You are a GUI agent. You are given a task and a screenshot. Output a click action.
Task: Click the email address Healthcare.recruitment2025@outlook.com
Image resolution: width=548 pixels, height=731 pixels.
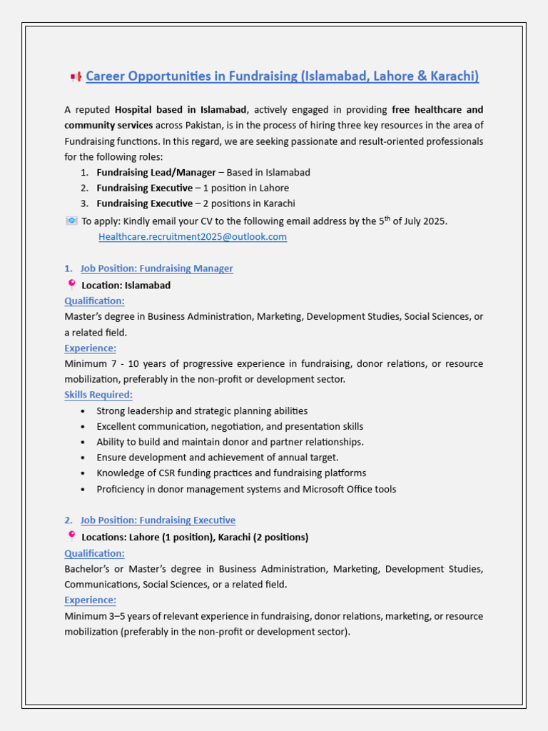pyautogui.click(x=193, y=237)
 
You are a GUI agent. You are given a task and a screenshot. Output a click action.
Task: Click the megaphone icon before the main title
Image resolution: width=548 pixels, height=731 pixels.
pyautogui.click(x=76, y=77)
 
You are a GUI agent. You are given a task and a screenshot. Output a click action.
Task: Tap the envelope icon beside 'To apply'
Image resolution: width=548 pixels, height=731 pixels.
pyautogui.click(x=71, y=221)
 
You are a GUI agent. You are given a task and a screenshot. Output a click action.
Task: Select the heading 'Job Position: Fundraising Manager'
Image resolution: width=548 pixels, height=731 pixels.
pyautogui.click(x=156, y=268)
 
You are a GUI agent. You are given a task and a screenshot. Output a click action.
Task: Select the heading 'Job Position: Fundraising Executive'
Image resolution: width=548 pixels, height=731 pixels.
pyautogui.click(x=158, y=520)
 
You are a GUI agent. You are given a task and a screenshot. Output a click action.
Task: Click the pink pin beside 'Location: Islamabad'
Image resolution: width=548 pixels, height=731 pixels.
pyautogui.click(x=71, y=284)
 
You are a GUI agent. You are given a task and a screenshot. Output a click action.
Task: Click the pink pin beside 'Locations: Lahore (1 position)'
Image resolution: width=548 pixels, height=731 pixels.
pyautogui.click(x=71, y=535)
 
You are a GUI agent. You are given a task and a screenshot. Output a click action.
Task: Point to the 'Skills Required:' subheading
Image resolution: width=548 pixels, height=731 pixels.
pyautogui.click(x=98, y=395)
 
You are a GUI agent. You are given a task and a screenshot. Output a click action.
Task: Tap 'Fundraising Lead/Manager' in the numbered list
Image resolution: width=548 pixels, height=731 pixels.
pyautogui.click(x=156, y=173)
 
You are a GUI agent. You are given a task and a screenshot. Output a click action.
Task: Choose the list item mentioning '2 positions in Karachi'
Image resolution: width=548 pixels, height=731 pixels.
pyautogui.click(x=196, y=204)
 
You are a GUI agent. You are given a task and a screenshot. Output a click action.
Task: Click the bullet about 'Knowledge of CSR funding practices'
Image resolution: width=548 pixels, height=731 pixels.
pyautogui.click(x=231, y=473)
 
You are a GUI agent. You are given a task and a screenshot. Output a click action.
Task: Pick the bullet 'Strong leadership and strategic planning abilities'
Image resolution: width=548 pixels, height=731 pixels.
pyautogui.click(x=202, y=411)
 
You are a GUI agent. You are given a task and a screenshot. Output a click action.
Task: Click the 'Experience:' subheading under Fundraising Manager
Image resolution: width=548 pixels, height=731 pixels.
pyautogui.click(x=90, y=348)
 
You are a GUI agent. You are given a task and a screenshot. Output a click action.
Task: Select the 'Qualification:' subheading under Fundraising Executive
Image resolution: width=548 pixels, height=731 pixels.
pyautogui.click(x=94, y=553)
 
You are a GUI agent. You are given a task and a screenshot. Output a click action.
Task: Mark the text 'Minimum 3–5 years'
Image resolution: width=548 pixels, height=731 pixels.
pyautogui.click(x=105, y=616)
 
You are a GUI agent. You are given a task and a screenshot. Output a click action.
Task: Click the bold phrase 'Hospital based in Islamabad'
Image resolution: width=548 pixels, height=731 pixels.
pyautogui.click(x=181, y=110)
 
